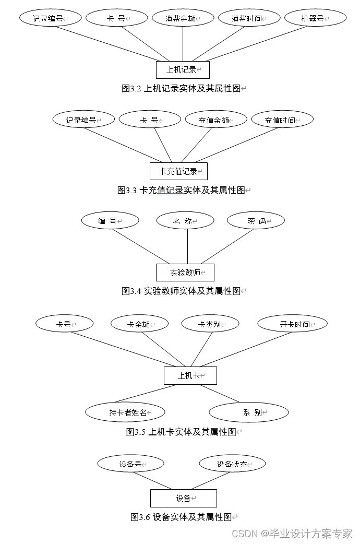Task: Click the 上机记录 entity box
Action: click(x=183, y=69)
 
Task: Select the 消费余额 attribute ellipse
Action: click(x=183, y=18)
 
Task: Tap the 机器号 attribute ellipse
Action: click(x=315, y=18)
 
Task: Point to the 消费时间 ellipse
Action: click(x=249, y=18)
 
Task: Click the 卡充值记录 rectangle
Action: click(x=178, y=171)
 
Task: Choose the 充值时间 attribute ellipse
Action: click(x=282, y=120)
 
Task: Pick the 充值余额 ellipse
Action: click(x=215, y=120)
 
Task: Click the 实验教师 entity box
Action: click(x=185, y=273)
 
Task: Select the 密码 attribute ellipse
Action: click(x=256, y=221)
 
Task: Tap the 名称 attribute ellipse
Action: click(x=185, y=221)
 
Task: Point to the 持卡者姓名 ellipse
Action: click(x=125, y=412)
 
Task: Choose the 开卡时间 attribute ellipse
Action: click(x=292, y=324)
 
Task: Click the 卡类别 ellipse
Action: click(x=210, y=324)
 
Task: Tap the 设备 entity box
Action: click(x=183, y=498)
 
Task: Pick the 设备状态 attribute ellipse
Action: click(x=232, y=464)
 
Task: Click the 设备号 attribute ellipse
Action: click(x=130, y=464)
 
